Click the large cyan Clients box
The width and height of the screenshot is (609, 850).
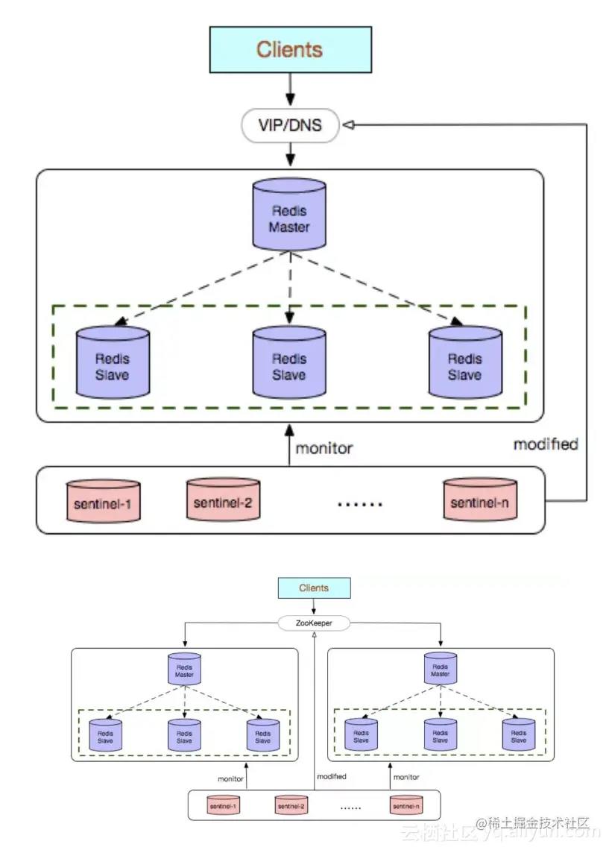(x=290, y=49)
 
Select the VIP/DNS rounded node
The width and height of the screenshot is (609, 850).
(x=290, y=125)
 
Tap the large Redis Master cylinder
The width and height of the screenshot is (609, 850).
(x=289, y=214)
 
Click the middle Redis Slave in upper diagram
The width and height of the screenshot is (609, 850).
(x=289, y=363)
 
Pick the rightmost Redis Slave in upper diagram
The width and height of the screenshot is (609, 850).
(x=465, y=363)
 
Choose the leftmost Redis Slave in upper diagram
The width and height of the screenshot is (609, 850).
(x=113, y=363)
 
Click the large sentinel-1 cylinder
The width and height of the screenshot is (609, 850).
(x=103, y=503)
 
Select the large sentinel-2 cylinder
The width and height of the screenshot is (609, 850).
(x=223, y=500)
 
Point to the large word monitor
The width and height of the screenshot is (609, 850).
(x=324, y=449)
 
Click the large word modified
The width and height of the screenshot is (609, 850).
(x=546, y=444)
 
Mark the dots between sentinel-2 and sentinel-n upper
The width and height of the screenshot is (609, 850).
(x=360, y=505)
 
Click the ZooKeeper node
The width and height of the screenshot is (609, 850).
(x=314, y=623)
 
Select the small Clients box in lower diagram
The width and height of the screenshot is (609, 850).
(x=314, y=588)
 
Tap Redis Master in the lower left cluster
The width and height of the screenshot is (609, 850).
(x=184, y=670)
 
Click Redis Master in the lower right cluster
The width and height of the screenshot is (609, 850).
(x=441, y=670)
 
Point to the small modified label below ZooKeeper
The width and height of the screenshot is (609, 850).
(x=331, y=776)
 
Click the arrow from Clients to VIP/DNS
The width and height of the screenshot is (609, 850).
(x=290, y=92)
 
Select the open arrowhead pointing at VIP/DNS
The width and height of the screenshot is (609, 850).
(x=348, y=125)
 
